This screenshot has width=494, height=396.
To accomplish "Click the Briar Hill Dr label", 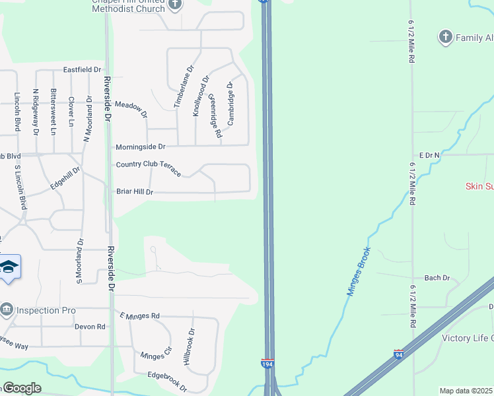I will click(135, 192).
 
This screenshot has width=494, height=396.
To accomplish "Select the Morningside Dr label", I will click(140, 147).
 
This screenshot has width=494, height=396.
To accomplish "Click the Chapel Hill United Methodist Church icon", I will click(175, 5).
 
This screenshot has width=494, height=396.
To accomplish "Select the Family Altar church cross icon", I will click(446, 37).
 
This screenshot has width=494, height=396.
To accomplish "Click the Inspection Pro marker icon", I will click(7, 309).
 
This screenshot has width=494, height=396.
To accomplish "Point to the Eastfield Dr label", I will click(82, 69).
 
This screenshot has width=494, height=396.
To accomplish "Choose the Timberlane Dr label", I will click(184, 86).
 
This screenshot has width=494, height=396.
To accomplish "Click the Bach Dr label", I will click(437, 278).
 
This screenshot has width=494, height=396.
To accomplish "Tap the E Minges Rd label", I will click(139, 316).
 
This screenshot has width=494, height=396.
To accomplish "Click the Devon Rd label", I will click(90, 327).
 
